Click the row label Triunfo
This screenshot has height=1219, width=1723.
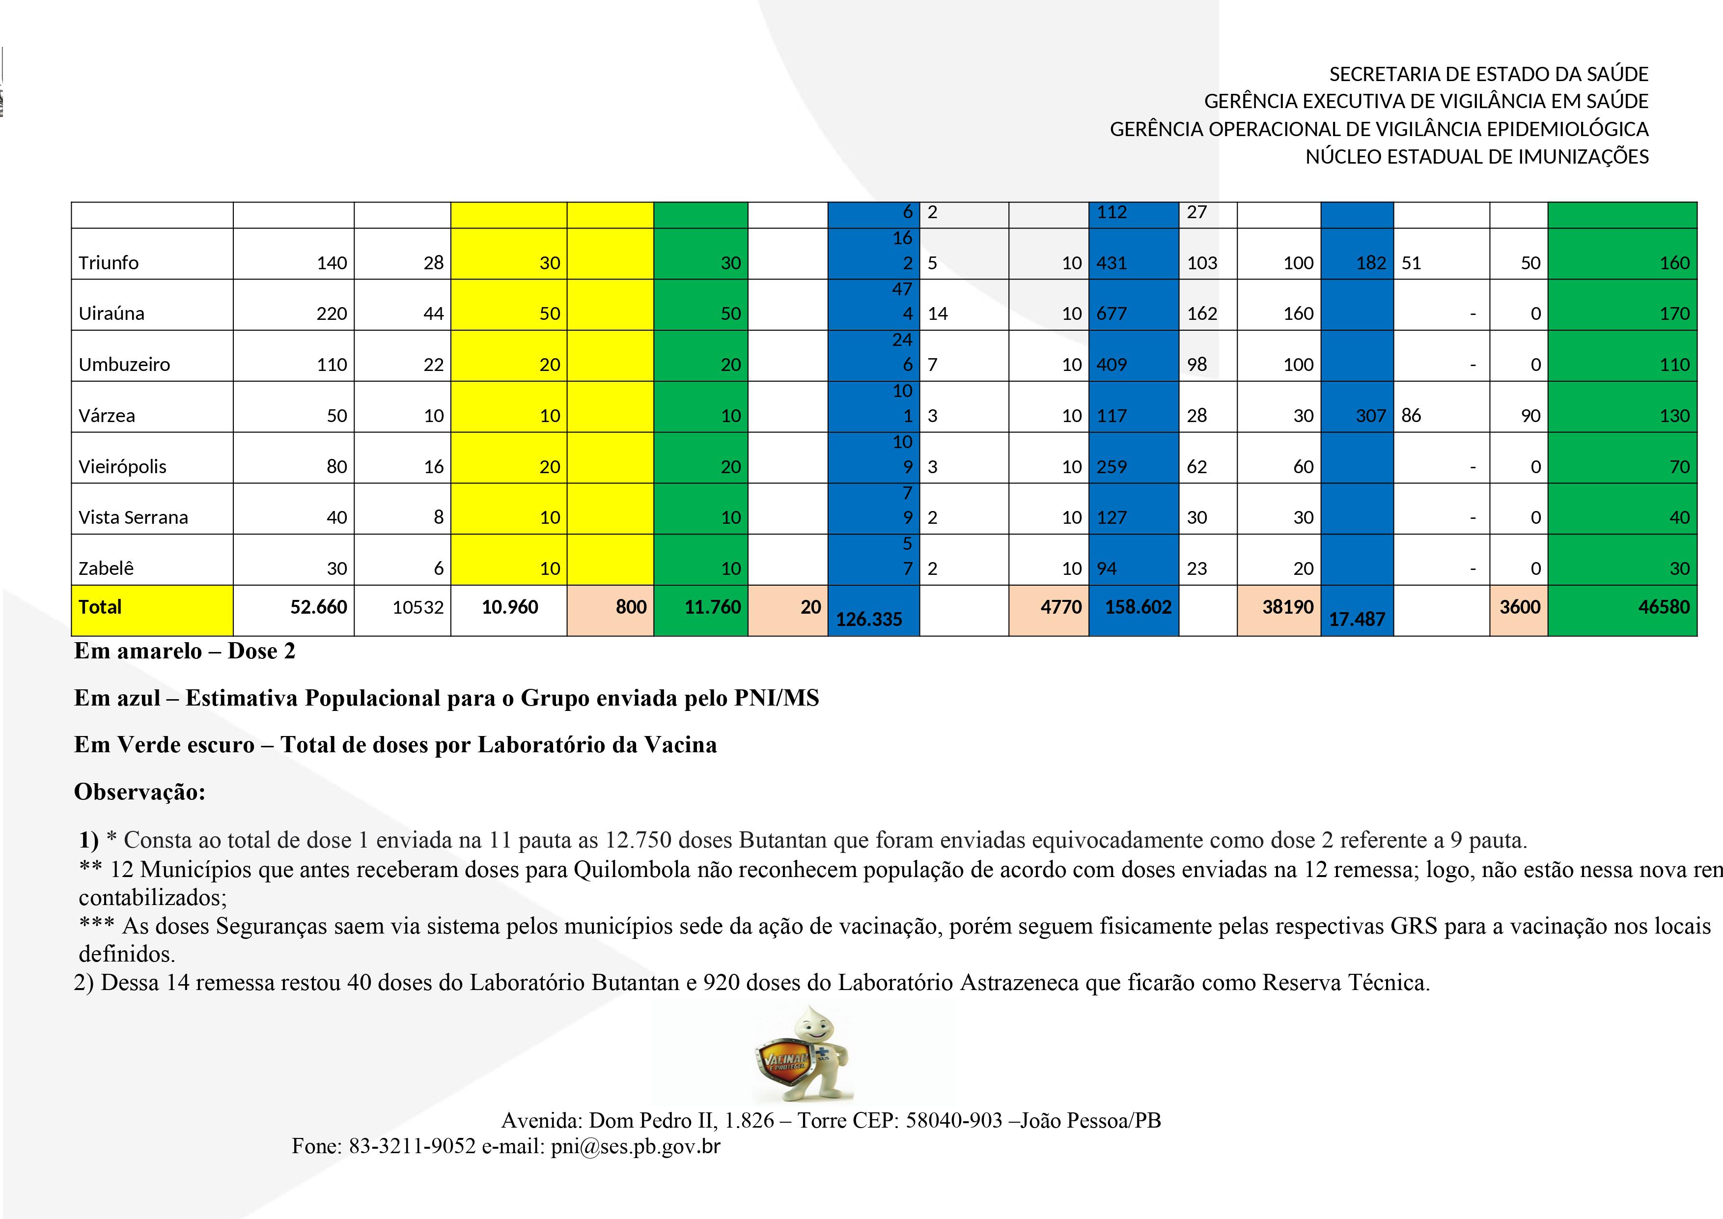tap(109, 263)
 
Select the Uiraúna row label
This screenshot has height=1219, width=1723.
tap(111, 314)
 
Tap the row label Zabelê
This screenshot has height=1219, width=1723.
tap(106, 568)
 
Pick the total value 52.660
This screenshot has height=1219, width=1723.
tap(318, 607)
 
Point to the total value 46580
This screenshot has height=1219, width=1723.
tap(1664, 607)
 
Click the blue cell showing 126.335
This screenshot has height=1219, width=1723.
tap(869, 619)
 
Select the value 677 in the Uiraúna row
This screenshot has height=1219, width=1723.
tap(1112, 314)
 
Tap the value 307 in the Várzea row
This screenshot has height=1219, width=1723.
tap(1370, 416)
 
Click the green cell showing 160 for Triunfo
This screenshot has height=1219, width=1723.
tap(1674, 263)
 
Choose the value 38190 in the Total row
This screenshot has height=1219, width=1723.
tap(1288, 607)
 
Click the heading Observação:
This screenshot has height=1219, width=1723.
tap(139, 792)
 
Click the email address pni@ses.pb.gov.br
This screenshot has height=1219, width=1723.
tap(635, 1146)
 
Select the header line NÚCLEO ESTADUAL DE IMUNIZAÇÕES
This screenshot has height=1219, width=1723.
tap(1477, 157)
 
